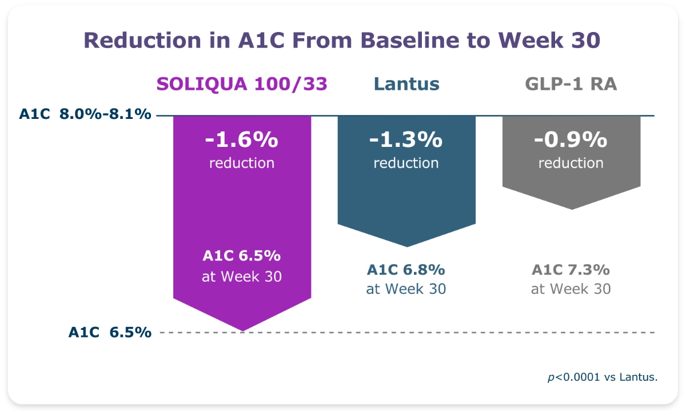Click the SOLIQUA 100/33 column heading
(242, 84)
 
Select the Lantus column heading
(406, 84)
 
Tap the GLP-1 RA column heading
(571, 84)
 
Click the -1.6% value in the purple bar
(242, 139)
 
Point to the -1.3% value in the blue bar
(406, 139)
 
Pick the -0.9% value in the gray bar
(571, 139)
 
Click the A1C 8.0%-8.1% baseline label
(85, 114)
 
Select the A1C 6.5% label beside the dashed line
(110, 332)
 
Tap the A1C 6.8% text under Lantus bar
(406, 269)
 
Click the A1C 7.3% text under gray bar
(571, 269)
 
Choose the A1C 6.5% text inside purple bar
(242, 256)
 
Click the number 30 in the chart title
(582, 41)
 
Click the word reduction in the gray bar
(571, 163)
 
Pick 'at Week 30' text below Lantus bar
(406, 289)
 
